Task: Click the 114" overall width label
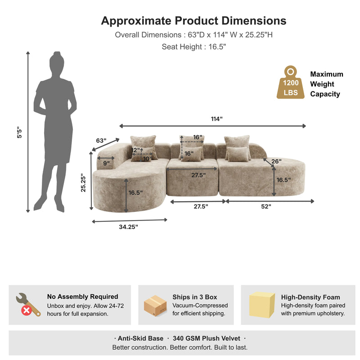click(x=217, y=119)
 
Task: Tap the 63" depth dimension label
click(x=101, y=140)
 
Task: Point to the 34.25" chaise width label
click(x=128, y=227)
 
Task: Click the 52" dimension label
click(x=266, y=207)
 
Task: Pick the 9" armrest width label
click(x=106, y=163)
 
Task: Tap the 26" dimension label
click(x=276, y=162)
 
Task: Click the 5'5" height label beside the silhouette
click(x=19, y=132)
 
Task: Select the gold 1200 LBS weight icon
click(x=290, y=83)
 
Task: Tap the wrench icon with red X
click(x=28, y=305)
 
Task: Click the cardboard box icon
click(x=155, y=306)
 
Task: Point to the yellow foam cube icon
click(x=262, y=305)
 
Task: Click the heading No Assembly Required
click(x=83, y=297)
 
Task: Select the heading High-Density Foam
click(x=310, y=297)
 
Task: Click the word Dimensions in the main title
click(x=254, y=21)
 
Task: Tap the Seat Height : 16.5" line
click(x=194, y=47)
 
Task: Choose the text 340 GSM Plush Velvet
click(x=207, y=338)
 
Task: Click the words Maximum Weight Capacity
click(x=327, y=84)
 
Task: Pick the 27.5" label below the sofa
click(x=201, y=207)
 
